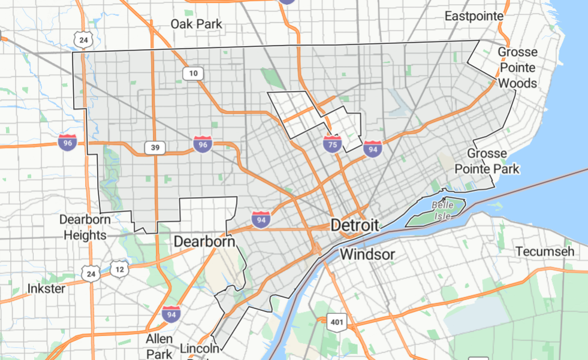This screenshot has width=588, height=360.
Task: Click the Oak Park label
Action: pyautogui.click(x=196, y=25)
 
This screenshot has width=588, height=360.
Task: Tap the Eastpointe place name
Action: pyautogui.click(x=474, y=16)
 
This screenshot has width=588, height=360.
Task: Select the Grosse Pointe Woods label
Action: pyautogui.click(x=517, y=68)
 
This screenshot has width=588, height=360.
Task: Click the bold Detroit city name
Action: pyautogui.click(x=355, y=226)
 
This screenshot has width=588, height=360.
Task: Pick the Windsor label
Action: pyautogui.click(x=367, y=255)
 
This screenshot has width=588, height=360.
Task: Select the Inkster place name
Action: pyautogui.click(x=46, y=289)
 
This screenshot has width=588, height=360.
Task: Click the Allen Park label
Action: pyautogui.click(x=159, y=346)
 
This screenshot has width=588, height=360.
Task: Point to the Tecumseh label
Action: pyautogui.click(x=544, y=252)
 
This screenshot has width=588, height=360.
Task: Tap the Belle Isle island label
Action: pyautogui.click(x=443, y=210)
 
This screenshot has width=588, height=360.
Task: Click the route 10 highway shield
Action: pyautogui.click(x=193, y=74)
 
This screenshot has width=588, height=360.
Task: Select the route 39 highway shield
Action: pyautogui.click(x=154, y=147)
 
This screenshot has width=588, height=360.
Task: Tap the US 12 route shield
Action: pyautogui.click(x=120, y=270)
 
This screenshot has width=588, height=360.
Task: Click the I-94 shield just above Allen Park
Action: pyautogui.click(x=171, y=313)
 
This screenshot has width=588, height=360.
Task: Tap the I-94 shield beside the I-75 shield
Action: pyautogui.click(x=372, y=147)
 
